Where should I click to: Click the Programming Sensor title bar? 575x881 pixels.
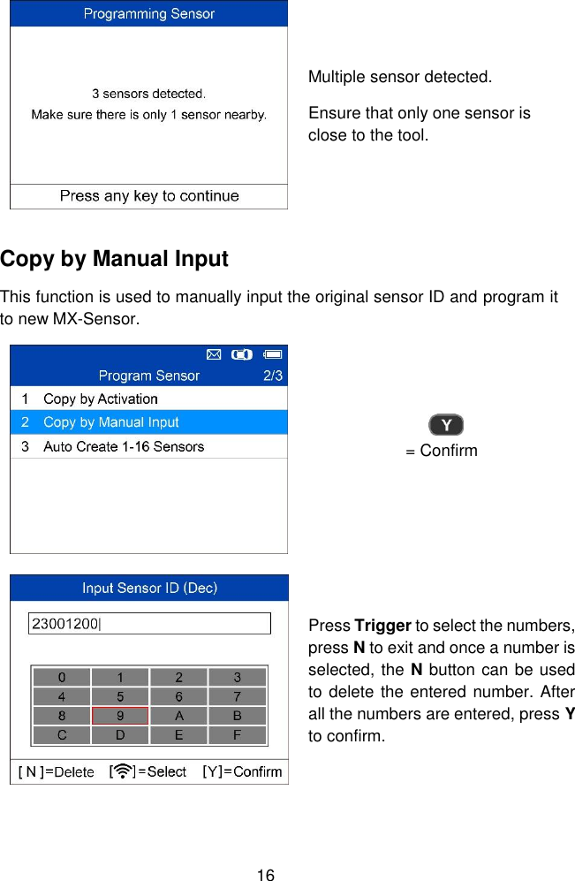click(148, 14)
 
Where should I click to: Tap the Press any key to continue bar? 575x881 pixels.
click(148, 196)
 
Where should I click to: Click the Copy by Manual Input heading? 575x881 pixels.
click(115, 259)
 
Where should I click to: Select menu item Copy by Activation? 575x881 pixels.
click(100, 399)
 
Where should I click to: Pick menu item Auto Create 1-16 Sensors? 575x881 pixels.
click(123, 446)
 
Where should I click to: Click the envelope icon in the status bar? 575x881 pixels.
click(213, 354)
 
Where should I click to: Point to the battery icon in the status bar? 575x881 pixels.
click(272, 354)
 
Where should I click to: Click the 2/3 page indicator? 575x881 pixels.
click(273, 376)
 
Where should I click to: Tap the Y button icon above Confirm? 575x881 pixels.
click(447, 425)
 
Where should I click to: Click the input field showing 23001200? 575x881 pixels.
click(149, 623)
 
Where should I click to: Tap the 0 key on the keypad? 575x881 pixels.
click(61, 678)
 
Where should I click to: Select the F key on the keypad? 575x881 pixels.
click(237, 734)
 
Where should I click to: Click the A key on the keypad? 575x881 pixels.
click(178, 716)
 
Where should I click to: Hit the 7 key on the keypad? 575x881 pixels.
click(237, 696)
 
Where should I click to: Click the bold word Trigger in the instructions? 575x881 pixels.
click(382, 627)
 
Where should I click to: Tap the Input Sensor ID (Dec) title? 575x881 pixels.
click(149, 588)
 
